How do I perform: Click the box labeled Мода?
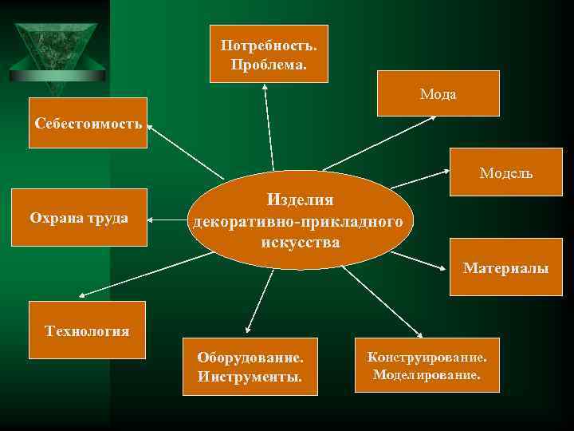(438, 93)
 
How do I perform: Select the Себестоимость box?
(88, 123)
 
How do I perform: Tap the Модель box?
(505, 173)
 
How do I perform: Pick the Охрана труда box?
(79, 217)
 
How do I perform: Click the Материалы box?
(505, 267)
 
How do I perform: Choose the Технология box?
(87, 330)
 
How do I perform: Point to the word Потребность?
(269, 45)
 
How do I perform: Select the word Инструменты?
(250, 376)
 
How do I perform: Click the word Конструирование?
(427, 356)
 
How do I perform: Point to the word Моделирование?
(427, 374)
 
